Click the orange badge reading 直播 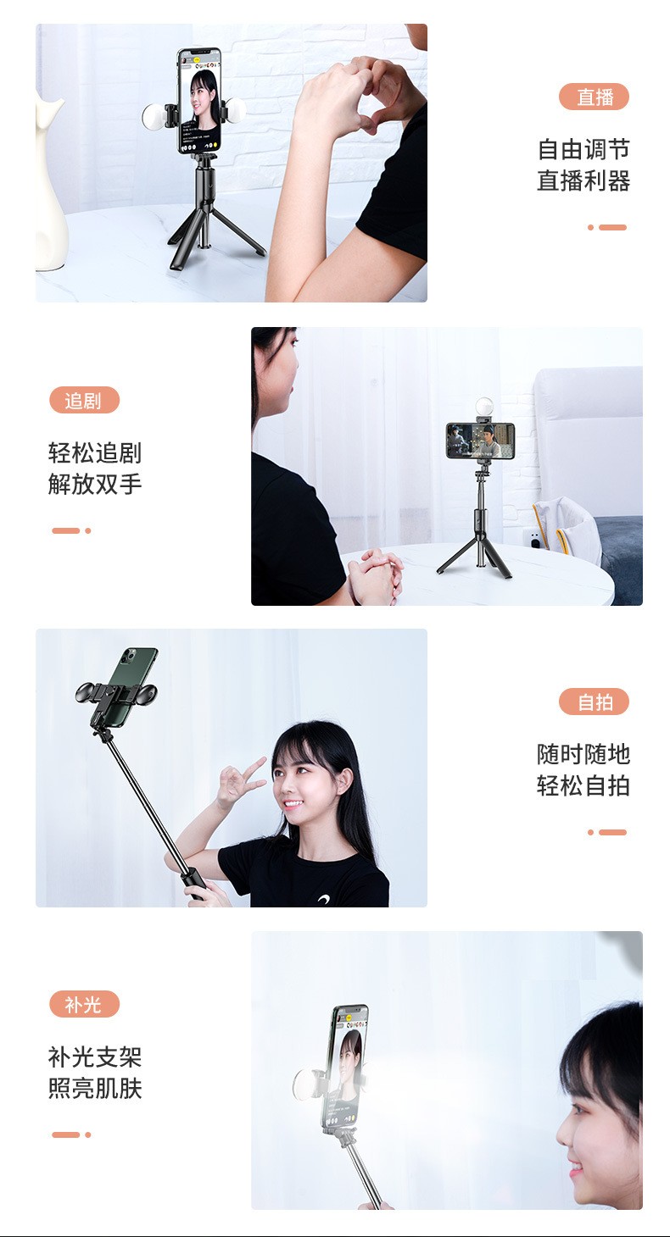coord(594,97)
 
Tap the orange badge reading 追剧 coord(84,400)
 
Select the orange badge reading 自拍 coord(594,702)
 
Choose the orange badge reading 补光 coord(84,1004)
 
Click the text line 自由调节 coord(583,150)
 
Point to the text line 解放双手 coord(95,485)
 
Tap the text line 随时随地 coord(583,754)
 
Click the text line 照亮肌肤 coord(95,1088)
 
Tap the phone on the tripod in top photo coord(199,102)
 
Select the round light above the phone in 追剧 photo coord(484,408)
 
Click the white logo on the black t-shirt coord(325,900)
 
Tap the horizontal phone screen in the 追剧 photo coord(481,441)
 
